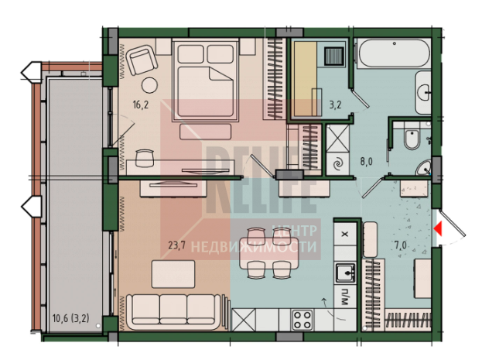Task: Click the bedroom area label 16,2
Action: (141, 105)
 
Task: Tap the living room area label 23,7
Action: (176, 245)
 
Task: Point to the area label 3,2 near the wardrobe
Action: (335, 105)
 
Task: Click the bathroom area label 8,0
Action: (366, 161)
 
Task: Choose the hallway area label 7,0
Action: (400, 245)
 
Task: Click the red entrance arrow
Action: (438, 229)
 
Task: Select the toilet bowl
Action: (412, 139)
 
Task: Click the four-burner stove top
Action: (303, 320)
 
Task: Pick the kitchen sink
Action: (345, 273)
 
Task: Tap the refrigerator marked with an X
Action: (345, 234)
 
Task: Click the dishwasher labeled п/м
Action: (345, 297)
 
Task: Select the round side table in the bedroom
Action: (149, 85)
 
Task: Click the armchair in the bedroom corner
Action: (142, 60)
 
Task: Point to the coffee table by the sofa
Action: (173, 274)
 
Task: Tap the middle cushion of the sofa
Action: (173, 309)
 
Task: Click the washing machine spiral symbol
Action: (338, 164)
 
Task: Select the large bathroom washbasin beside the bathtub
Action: (423, 92)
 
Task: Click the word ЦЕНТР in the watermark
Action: (295, 231)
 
